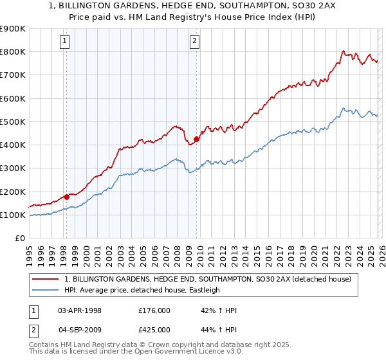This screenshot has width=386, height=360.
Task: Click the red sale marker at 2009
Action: point(196,138)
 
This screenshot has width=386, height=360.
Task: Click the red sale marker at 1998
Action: point(66,197)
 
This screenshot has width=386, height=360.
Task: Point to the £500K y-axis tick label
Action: point(13,122)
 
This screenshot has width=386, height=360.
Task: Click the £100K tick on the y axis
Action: point(13,215)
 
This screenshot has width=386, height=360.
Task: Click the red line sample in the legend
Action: point(46,279)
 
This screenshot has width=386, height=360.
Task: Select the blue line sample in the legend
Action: point(46,290)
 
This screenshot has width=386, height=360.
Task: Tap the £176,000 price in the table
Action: point(154,310)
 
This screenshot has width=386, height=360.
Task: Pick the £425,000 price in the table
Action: point(154,330)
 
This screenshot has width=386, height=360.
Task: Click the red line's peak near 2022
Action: point(344,51)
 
